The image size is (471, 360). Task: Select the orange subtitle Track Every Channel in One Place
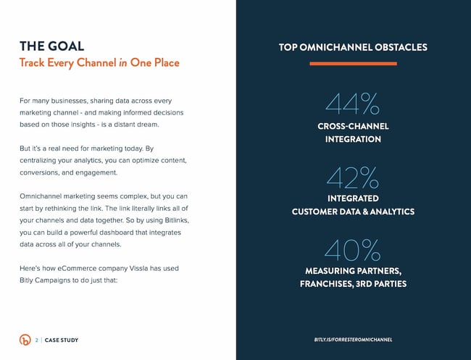click(x=99, y=63)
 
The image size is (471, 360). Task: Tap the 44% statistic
click(x=352, y=104)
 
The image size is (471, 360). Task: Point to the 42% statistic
click(x=352, y=177)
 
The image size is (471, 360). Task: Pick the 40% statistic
click(x=352, y=251)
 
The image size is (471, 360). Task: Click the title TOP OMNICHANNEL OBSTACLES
click(x=353, y=48)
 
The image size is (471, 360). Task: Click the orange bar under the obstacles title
click(x=353, y=64)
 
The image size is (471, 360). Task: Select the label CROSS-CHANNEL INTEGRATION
click(x=353, y=133)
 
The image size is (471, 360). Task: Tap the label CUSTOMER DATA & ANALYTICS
click(x=353, y=212)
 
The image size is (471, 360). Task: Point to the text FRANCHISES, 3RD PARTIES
click(x=353, y=284)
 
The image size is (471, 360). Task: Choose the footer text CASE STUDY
click(x=62, y=340)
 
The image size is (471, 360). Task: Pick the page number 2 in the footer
click(x=36, y=340)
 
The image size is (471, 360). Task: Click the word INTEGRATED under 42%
click(x=353, y=198)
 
